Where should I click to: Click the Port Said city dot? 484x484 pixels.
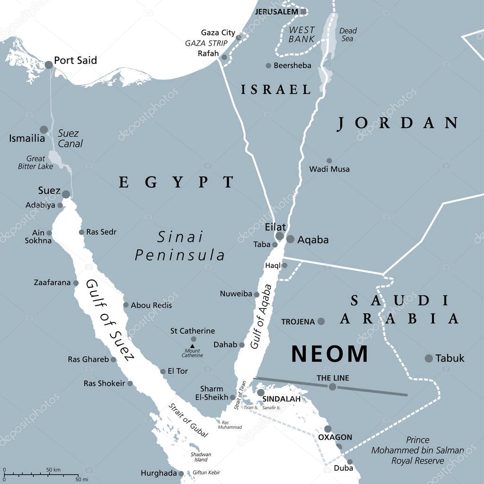coord(49,65)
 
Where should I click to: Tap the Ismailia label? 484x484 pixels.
coord(27,138)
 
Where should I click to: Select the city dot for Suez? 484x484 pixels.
coord(66,194)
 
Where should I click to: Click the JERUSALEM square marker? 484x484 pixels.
coord(303,11)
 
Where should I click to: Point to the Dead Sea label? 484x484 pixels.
coord(348,35)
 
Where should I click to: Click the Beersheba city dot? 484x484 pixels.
coord(268,66)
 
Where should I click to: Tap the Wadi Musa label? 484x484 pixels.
coord(329,169)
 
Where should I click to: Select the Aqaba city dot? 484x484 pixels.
coord(290,239)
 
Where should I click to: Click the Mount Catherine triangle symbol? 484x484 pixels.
coord(192,346)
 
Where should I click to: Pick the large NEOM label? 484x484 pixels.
coord(329,354)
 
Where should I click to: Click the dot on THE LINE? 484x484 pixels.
coord(333,387)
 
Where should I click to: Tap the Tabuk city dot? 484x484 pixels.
coord(429,358)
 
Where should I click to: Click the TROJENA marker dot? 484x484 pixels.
coord(321,321)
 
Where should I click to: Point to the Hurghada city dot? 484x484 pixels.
coord(181,474)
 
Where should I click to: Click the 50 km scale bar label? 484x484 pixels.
coord(53,469)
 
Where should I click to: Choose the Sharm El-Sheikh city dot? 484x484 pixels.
coord(233,398)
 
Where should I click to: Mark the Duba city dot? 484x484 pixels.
coord(350,462)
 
